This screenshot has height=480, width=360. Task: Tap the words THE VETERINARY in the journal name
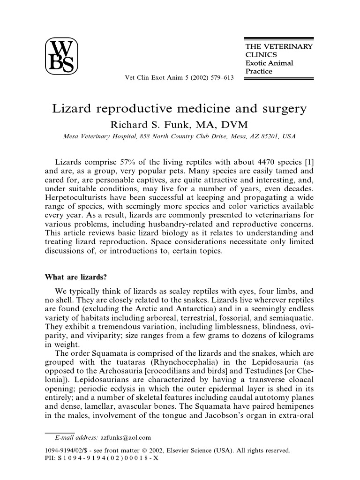(279, 46)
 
